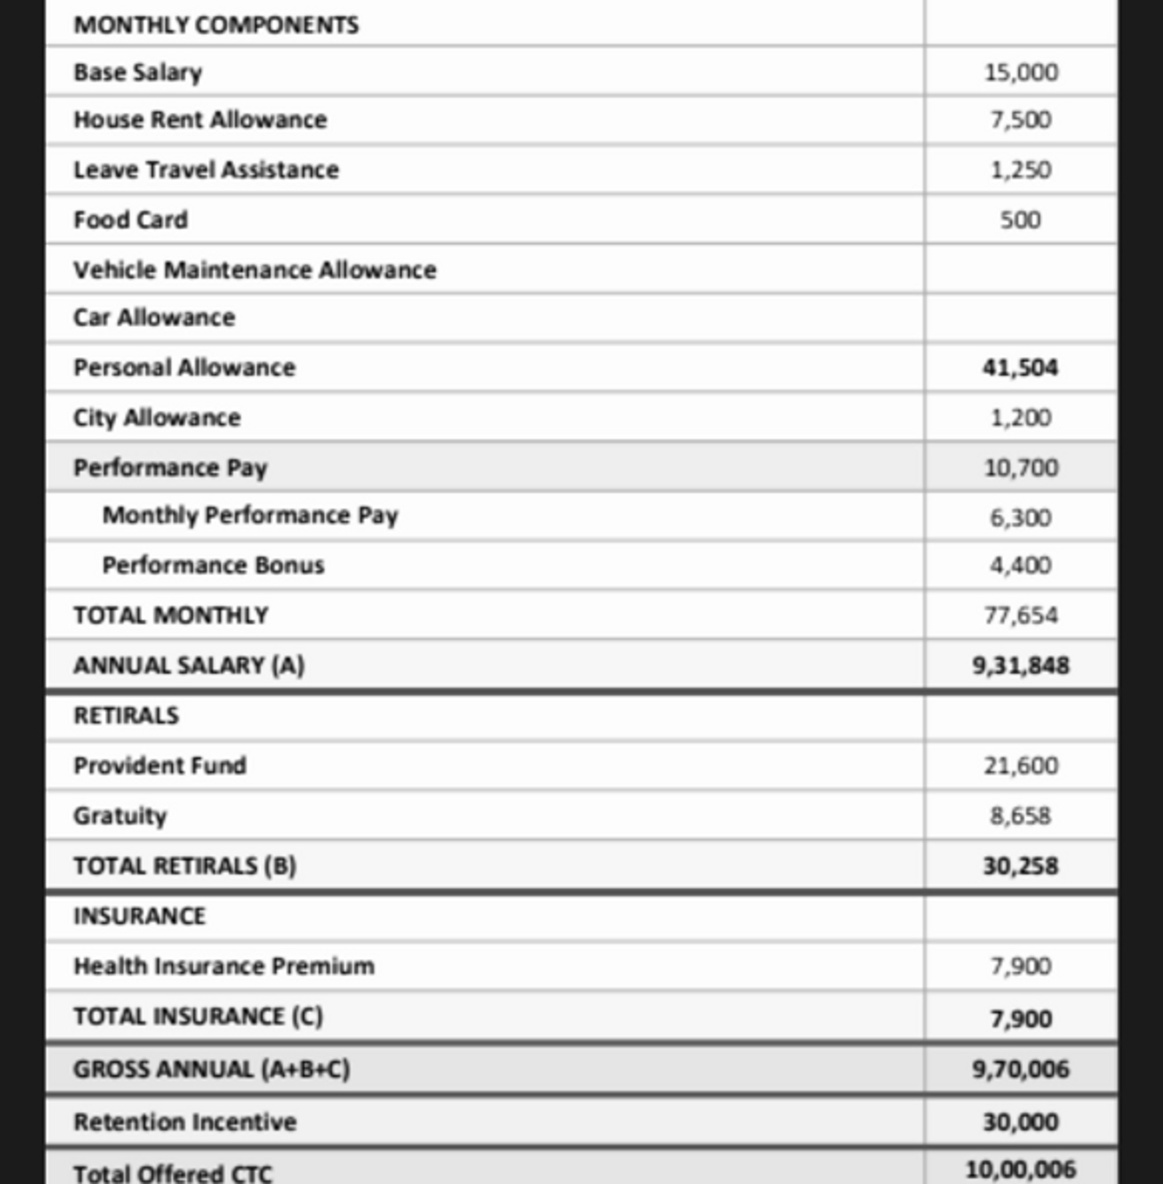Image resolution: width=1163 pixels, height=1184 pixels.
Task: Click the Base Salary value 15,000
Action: (x=1021, y=73)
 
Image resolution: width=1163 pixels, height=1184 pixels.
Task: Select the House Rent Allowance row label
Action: (x=200, y=120)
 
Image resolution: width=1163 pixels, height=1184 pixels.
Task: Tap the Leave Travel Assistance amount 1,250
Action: (x=1021, y=169)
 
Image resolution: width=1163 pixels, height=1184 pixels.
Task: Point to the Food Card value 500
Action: (x=1020, y=220)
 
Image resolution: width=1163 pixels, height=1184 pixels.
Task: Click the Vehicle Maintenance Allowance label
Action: (x=255, y=270)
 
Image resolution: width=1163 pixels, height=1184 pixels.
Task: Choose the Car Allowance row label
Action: (x=154, y=317)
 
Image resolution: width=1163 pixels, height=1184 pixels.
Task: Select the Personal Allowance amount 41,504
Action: (x=1020, y=368)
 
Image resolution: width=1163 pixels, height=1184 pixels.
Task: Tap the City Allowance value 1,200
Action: (x=1021, y=417)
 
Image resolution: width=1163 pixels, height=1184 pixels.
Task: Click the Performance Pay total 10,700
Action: (x=1021, y=468)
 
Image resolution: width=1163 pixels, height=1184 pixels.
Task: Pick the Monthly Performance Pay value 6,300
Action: (x=1021, y=517)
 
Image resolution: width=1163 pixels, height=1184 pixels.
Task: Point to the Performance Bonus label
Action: (x=213, y=565)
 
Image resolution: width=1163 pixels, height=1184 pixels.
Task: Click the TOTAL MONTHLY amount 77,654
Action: (x=1021, y=615)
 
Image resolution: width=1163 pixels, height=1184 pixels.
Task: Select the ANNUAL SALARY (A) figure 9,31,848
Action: (x=1020, y=665)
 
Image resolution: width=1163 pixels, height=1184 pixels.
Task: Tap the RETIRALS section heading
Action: (x=127, y=715)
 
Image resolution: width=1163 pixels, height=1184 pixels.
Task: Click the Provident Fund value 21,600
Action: (x=1021, y=765)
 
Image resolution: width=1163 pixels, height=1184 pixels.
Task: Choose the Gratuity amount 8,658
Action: (x=1021, y=815)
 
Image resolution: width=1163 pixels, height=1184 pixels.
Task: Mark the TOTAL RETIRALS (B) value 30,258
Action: (x=1020, y=865)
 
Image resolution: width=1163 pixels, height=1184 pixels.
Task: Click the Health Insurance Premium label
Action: (x=223, y=966)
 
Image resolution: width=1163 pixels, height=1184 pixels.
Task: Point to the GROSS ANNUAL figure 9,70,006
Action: (x=1020, y=1070)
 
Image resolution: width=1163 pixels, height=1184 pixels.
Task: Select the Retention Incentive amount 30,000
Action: (x=1020, y=1122)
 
